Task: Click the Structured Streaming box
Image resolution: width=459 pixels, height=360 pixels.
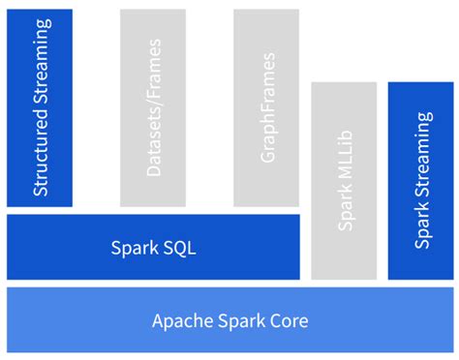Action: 40,107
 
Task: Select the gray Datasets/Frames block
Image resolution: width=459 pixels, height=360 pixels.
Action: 152,107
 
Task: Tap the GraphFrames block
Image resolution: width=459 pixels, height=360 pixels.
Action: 266,107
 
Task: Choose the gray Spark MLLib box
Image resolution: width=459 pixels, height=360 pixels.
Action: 344,181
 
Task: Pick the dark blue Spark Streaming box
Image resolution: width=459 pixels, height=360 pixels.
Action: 420,181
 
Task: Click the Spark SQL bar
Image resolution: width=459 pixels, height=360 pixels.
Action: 153,247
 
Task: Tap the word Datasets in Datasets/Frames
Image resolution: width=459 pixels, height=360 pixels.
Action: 153,142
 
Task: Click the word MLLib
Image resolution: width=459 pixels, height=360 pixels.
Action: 346,163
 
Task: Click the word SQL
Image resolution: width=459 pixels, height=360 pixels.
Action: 180,247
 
